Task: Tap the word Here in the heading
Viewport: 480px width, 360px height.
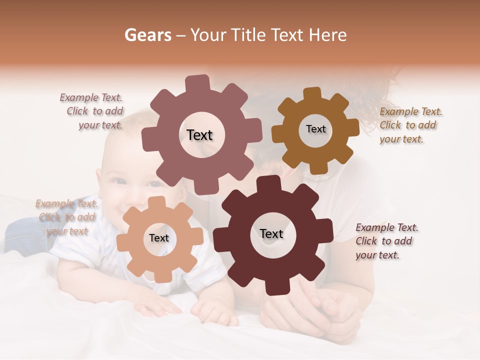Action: (327, 35)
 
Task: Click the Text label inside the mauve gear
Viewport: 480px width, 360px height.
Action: (199, 135)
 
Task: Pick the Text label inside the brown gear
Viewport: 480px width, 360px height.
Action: (315, 129)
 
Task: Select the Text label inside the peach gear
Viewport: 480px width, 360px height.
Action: (159, 238)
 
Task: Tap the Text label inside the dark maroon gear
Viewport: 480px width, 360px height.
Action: (271, 233)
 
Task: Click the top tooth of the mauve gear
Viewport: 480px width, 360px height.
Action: (197, 83)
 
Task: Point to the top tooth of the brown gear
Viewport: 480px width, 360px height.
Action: (312, 94)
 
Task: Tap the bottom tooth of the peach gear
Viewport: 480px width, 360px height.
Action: (162, 275)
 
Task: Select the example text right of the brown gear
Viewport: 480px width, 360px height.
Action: (410, 125)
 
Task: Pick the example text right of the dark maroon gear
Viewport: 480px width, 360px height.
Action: (386, 241)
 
